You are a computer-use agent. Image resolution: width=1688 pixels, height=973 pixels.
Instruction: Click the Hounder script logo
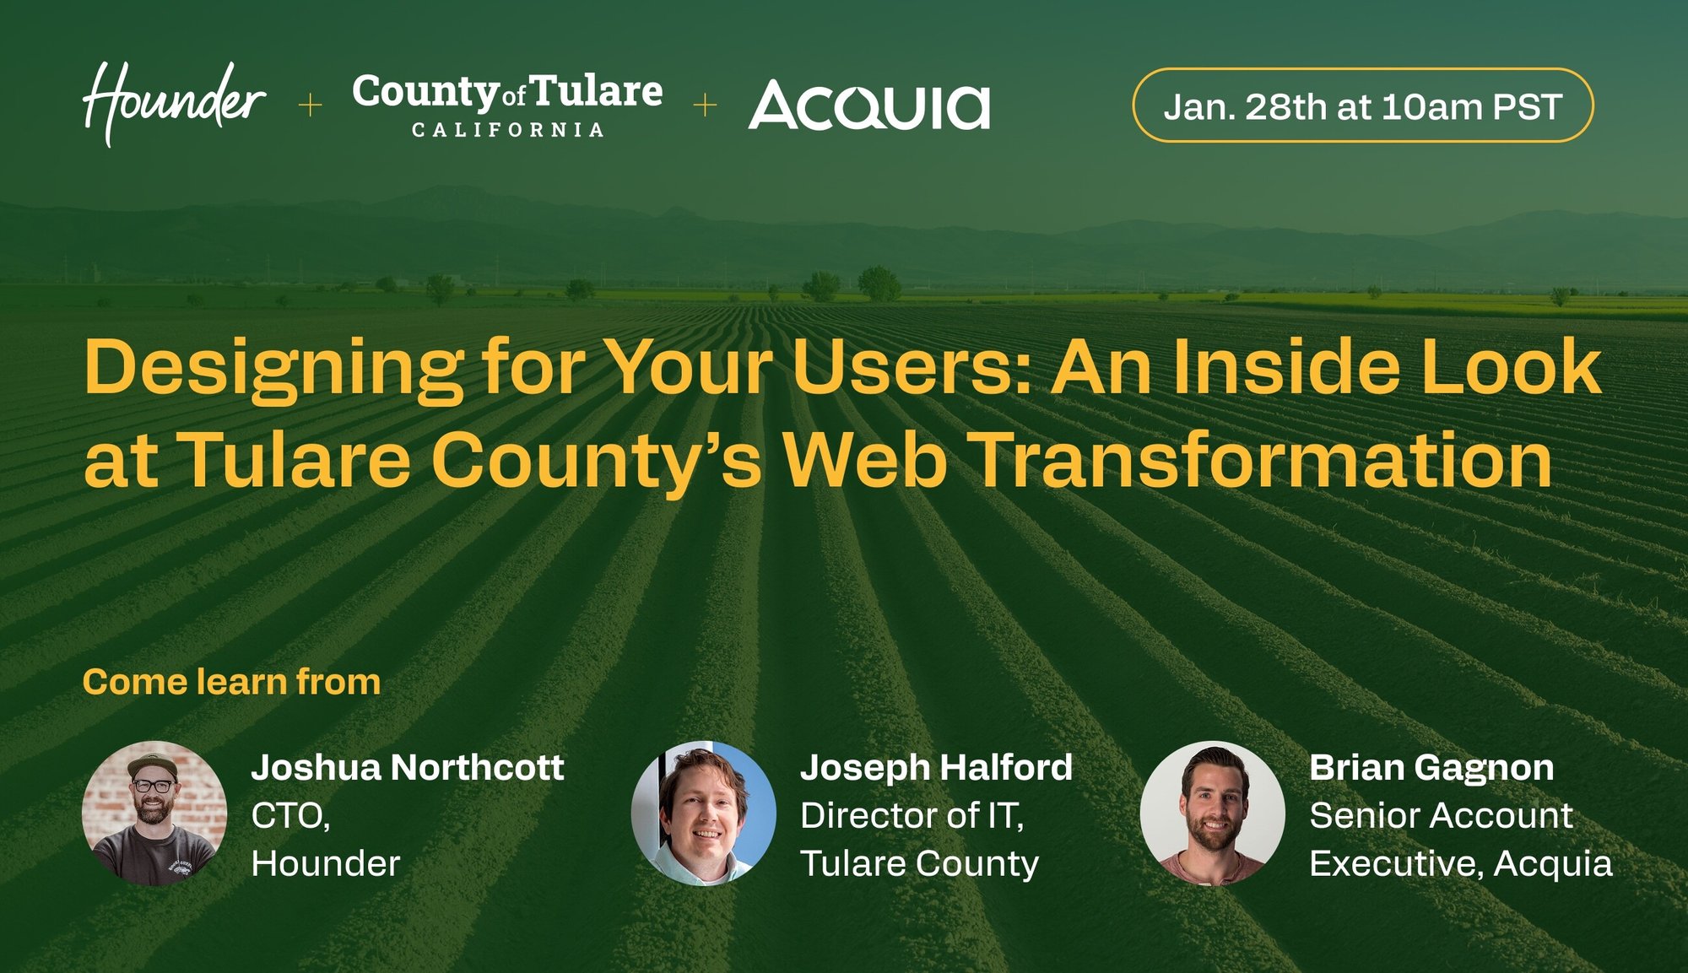(x=175, y=103)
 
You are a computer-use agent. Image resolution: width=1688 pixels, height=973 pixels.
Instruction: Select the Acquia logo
(x=868, y=106)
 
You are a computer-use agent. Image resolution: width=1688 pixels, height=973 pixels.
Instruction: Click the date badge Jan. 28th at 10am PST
(x=1362, y=105)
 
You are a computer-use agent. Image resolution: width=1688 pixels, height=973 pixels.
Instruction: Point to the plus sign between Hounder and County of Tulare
(x=311, y=105)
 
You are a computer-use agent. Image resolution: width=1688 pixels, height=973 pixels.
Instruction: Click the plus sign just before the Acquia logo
(x=705, y=105)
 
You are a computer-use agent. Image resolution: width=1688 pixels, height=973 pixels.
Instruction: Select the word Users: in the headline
(x=912, y=368)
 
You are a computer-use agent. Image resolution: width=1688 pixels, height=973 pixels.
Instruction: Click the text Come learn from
(x=231, y=682)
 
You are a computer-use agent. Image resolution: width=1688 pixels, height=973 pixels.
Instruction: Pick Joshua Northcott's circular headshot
(x=154, y=814)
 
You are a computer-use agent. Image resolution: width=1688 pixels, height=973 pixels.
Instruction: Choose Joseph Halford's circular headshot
(x=704, y=814)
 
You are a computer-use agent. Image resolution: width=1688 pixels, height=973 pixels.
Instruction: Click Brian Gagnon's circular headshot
(x=1212, y=814)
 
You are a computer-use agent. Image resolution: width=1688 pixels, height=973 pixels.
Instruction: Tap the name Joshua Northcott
(x=408, y=768)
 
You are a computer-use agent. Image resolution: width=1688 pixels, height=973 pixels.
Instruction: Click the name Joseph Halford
(x=936, y=768)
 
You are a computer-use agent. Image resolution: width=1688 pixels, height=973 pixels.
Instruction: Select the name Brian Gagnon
(x=1431, y=768)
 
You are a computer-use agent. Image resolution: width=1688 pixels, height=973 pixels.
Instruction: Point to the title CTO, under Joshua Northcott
(x=290, y=816)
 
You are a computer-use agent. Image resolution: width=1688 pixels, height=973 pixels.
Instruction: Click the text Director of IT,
(x=912, y=816)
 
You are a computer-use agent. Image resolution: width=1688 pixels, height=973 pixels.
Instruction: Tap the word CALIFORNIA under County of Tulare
(x=507, y=130)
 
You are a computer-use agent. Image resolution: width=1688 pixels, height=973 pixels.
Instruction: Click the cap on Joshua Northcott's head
(x=153, y=763)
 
